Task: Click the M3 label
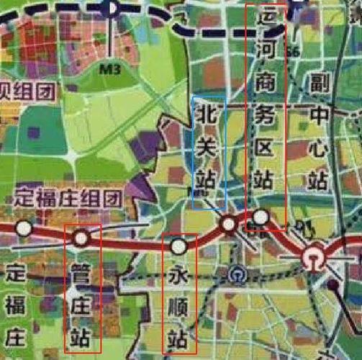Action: [x=109, y=70]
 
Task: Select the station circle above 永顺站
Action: [x=178, y=247]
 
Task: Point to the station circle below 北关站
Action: [x=229, y=225]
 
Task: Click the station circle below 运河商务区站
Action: [x=261, y=215]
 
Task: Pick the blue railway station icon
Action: [x=236, y=274]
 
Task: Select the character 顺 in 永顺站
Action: [x=178, y=305]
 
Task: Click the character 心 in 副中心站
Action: [x=318, y=146]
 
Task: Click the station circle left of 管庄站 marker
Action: [x=24, y=229]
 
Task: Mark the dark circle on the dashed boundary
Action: [x=109, y=7]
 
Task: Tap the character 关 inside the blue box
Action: [x=207, y=146]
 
